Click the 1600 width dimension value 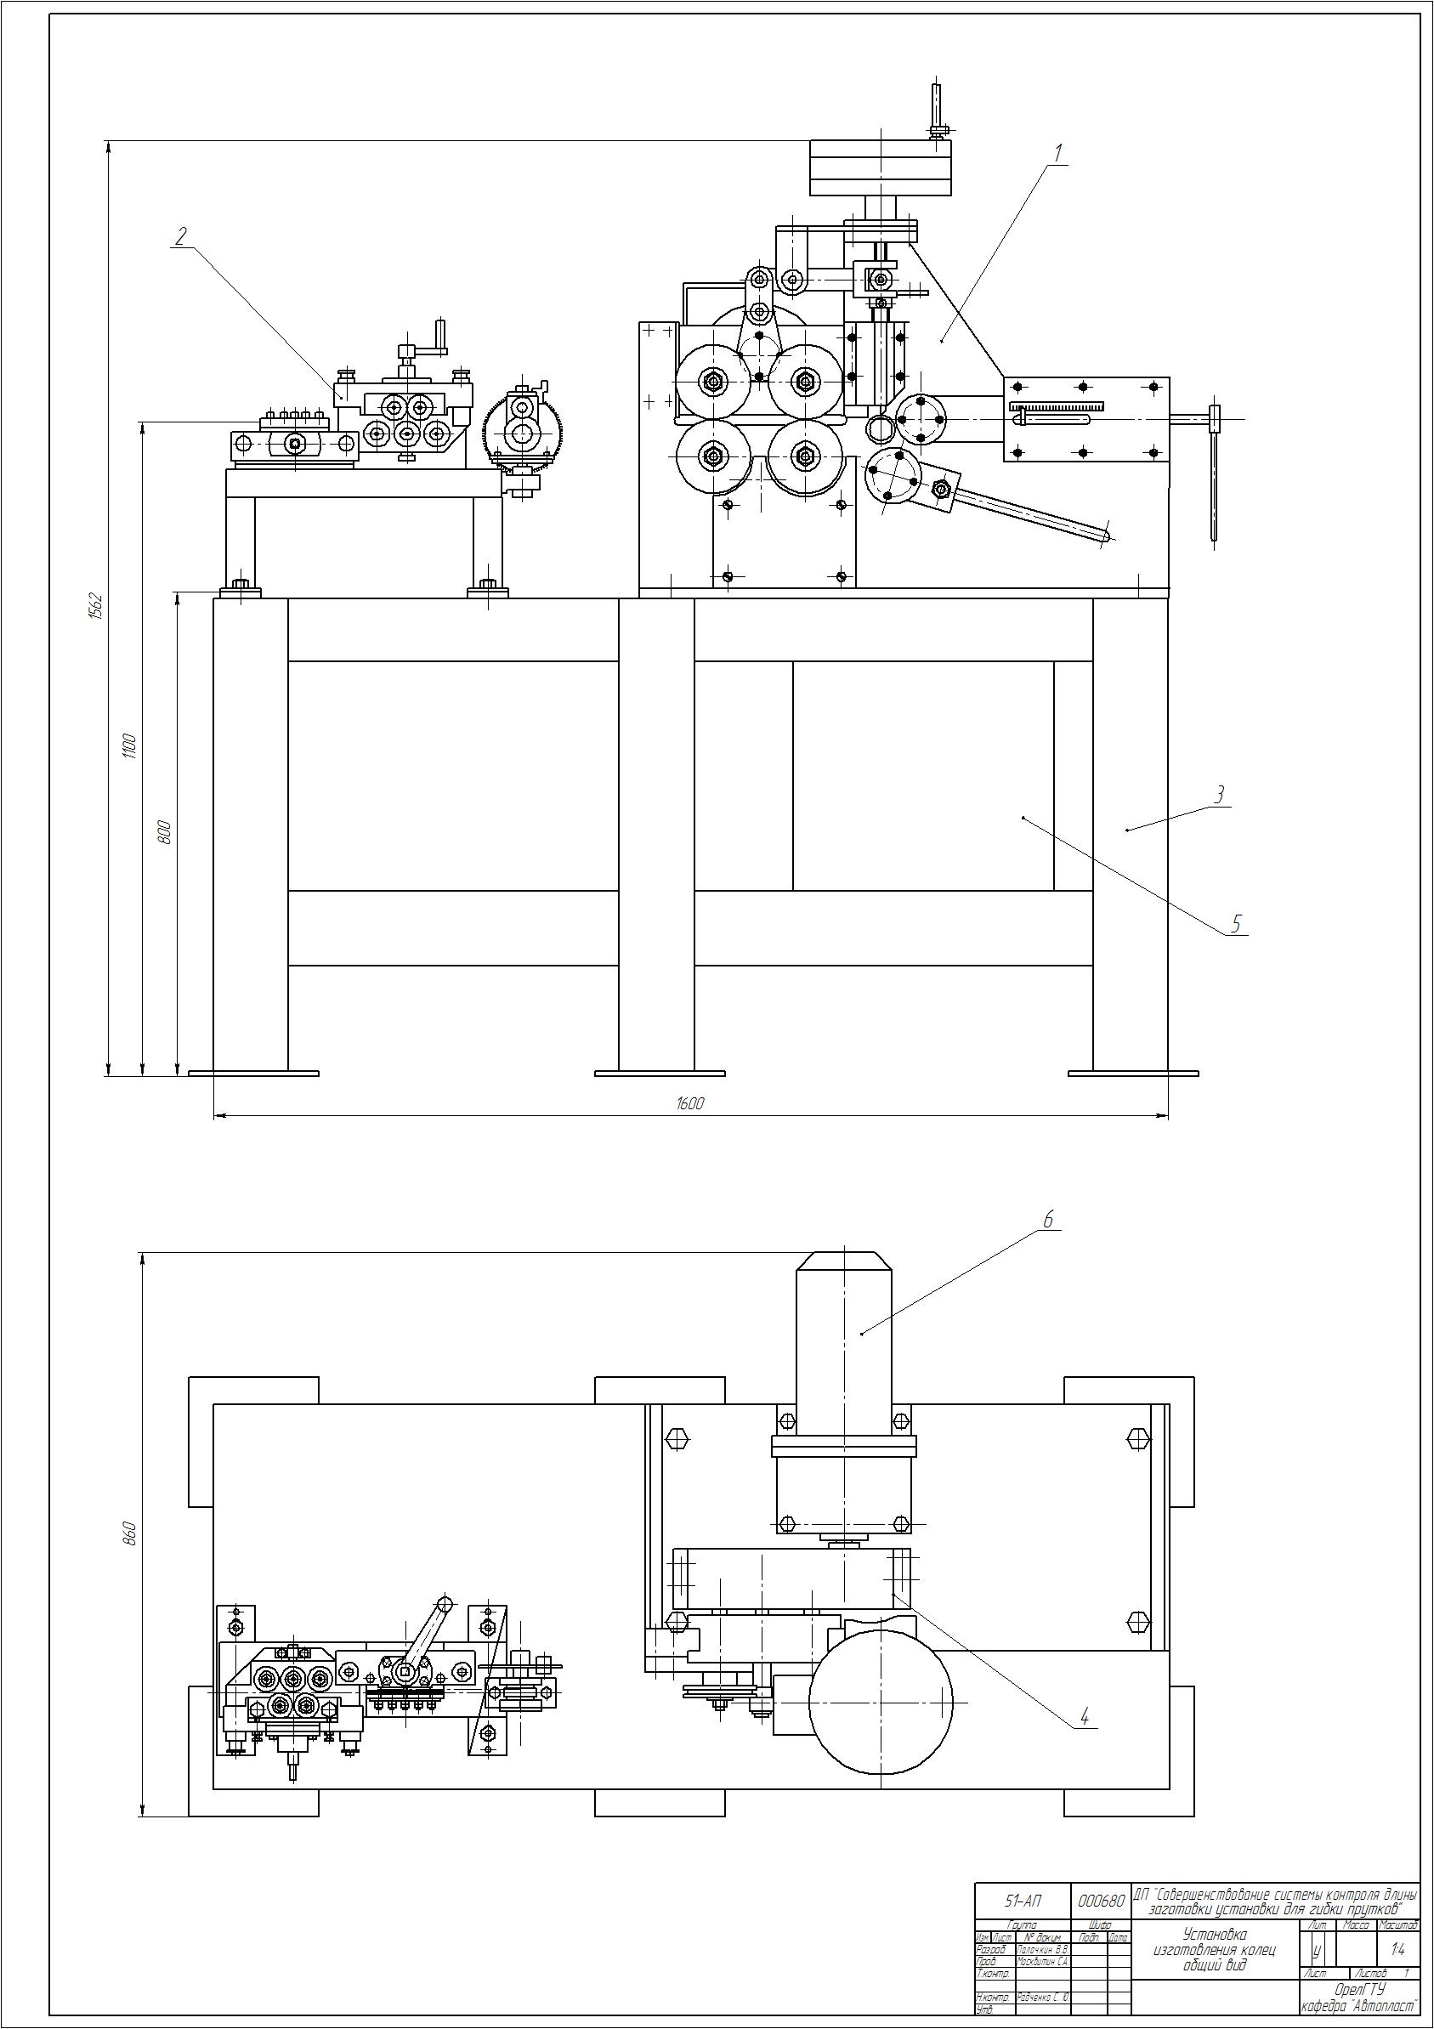689,1104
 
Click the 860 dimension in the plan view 128,1533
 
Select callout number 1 1057,151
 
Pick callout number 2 181,235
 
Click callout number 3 1219,794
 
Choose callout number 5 1237,923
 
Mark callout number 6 1048,1221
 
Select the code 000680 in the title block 1102,1901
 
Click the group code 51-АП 1024,1901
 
